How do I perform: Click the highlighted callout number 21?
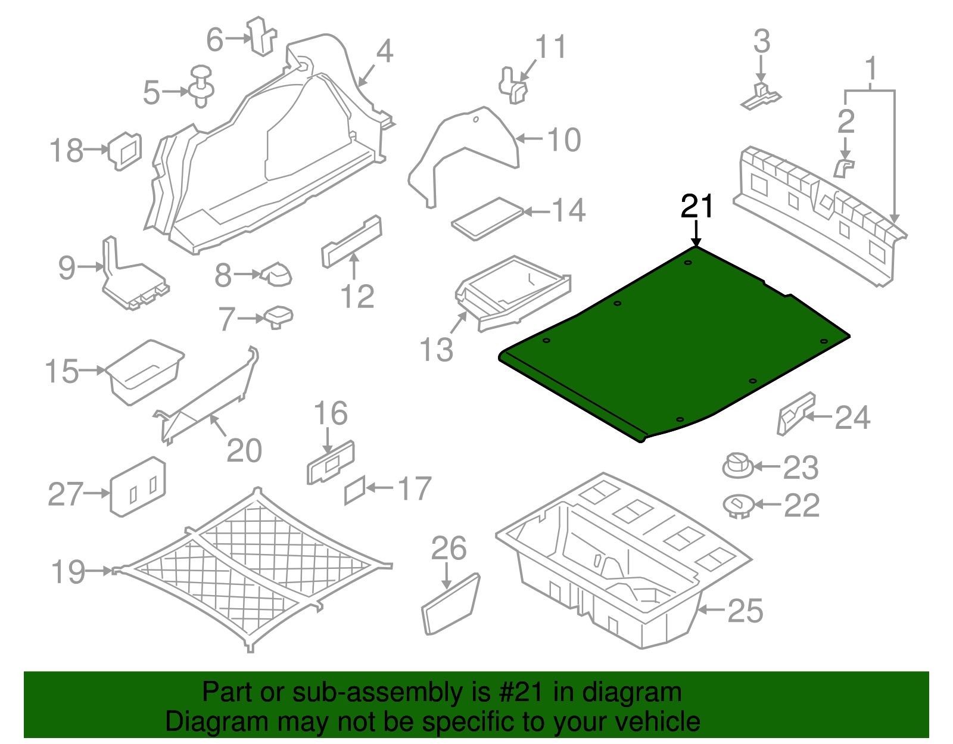point(697,207)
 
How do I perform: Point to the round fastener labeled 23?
point(737,466)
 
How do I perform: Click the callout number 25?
point(745,611)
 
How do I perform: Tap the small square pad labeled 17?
point(355,490)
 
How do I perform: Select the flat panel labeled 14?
point(487,219)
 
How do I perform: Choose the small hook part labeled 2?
point(843,169)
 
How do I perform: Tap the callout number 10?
point(563,140)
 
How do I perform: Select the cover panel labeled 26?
point(451,604)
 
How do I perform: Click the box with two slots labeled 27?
point(138,487)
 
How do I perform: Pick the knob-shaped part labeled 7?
point(278,316)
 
